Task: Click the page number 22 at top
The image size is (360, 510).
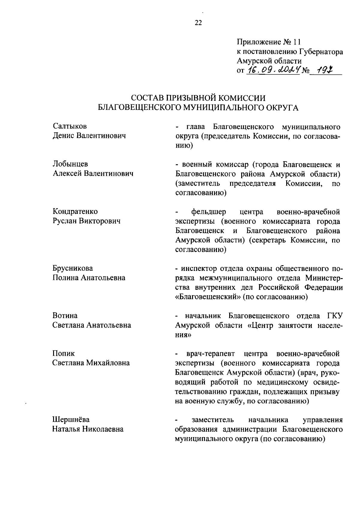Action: (198, 23)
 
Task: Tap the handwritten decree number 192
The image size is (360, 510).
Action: (323, 70)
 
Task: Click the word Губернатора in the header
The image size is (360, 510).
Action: (320, 52)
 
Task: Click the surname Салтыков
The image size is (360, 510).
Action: (70, 126)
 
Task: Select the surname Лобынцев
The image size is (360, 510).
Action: (70, 164)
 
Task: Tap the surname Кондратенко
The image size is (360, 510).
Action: (75, 211)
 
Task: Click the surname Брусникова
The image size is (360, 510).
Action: (73, 268)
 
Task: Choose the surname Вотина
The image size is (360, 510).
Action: (65, 315)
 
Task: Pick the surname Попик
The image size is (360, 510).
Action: (64, 353)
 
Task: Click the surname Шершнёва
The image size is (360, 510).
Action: (71, 419)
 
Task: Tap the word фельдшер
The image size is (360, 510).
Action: (209, 212)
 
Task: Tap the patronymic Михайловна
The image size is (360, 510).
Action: (108, 363)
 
